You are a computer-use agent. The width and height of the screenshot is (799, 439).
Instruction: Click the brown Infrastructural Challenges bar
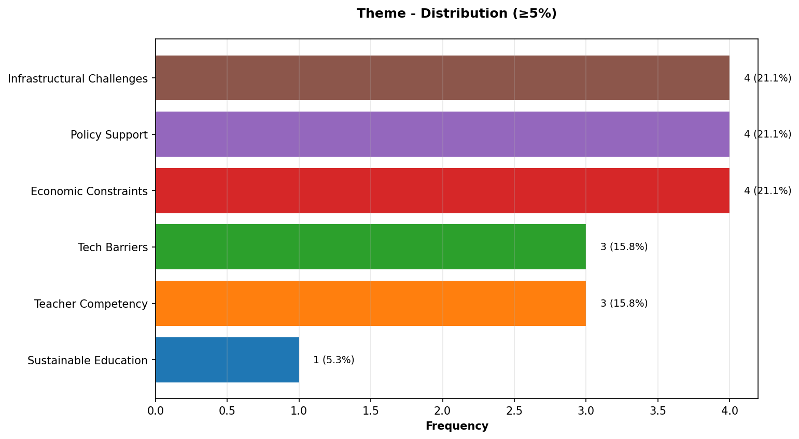pos(442,78)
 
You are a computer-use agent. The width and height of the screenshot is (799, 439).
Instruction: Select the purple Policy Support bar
pos(442,134)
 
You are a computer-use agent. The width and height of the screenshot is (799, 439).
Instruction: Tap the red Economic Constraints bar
pos(442,190)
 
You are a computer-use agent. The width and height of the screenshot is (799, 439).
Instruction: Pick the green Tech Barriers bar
pos(371,247)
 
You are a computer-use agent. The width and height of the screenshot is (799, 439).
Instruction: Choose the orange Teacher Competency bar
pos(371,304)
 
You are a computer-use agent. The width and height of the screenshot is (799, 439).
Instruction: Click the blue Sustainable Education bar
pos(227,360)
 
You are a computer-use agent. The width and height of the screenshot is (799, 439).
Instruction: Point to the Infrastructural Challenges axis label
pos(78,79)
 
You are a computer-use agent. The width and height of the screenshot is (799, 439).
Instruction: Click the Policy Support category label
pos(109,135)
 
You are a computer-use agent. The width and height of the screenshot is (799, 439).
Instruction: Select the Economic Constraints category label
pos(89,191)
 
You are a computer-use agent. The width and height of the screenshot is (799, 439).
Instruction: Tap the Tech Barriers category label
pos(113,248)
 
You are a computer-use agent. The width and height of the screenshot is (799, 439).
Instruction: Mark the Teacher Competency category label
pos(91,304)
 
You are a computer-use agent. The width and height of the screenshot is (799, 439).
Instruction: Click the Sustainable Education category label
pos(88,361)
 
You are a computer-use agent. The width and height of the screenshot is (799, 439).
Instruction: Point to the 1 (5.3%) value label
pos(334,360)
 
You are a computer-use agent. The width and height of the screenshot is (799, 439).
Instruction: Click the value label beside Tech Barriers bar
pos(624,247)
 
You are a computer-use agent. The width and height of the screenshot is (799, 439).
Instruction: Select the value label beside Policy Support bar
pos(767,134)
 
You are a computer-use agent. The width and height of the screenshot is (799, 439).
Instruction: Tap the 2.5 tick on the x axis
pos(514,411)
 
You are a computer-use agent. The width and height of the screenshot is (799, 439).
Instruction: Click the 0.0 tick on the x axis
pos(156,411)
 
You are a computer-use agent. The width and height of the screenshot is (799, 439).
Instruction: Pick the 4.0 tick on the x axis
pos(729,411)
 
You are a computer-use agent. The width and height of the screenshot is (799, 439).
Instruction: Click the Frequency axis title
pos(457,426)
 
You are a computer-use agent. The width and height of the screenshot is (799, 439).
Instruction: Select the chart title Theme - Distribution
pos(456,13)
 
